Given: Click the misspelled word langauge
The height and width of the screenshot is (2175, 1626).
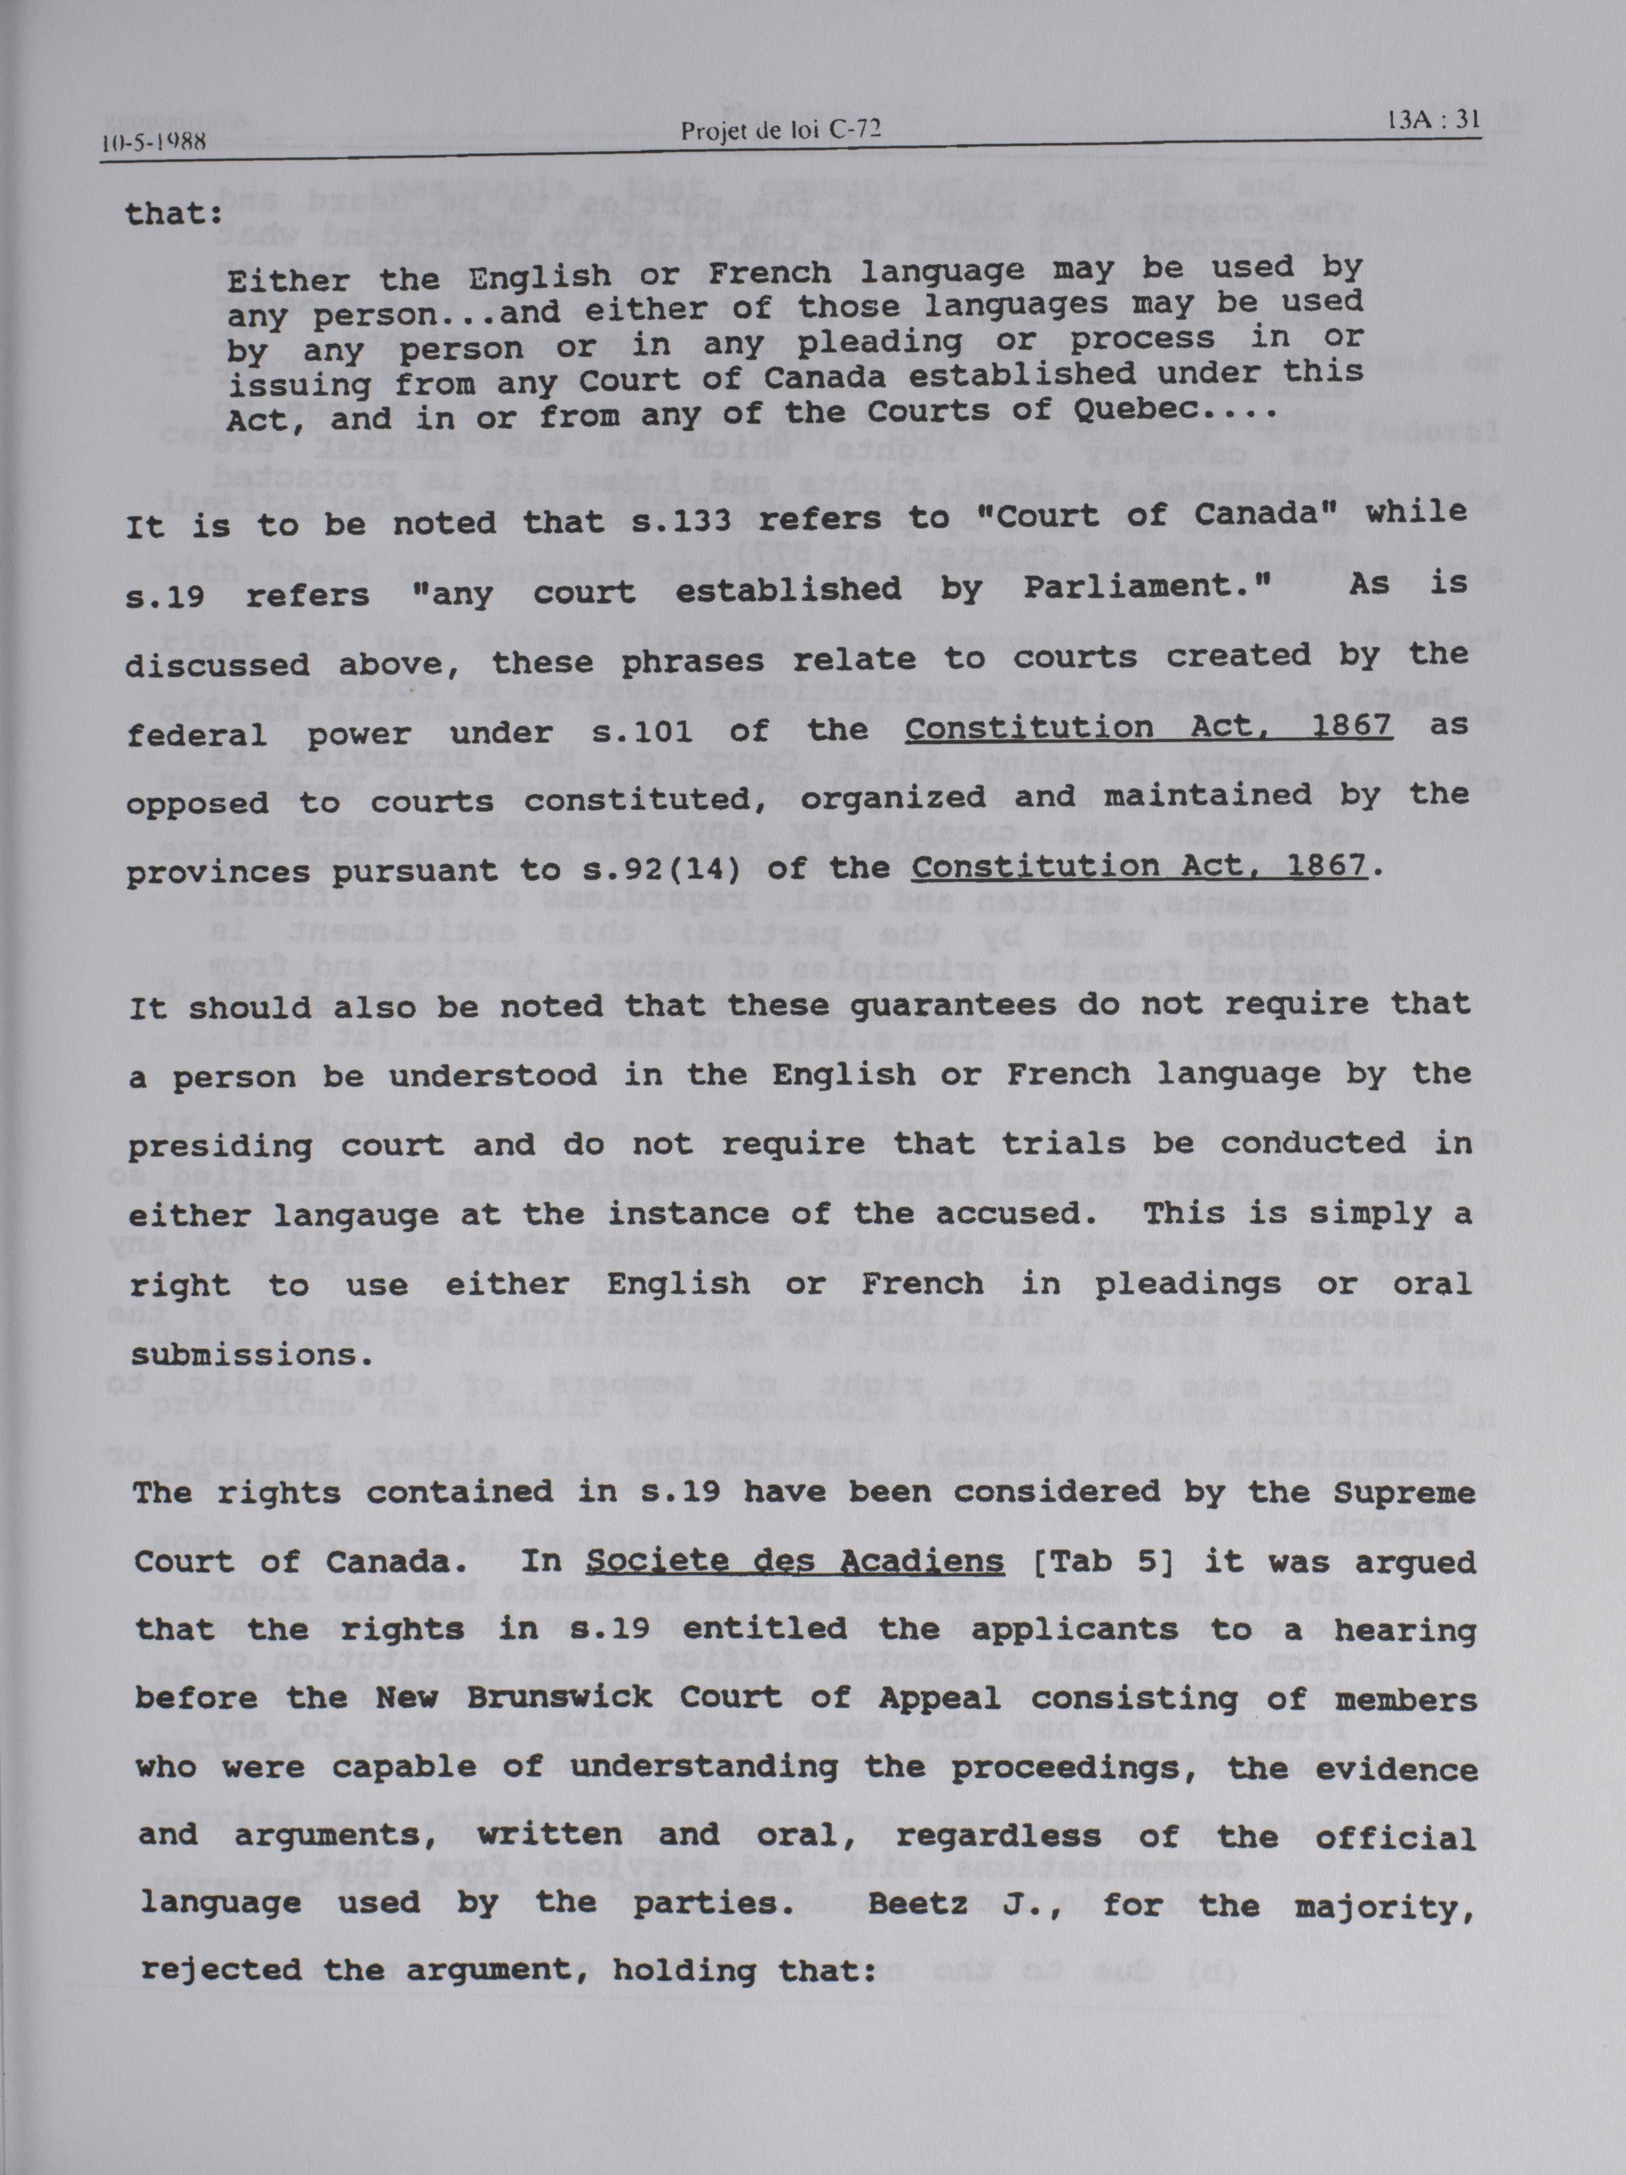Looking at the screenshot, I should [356, 1217].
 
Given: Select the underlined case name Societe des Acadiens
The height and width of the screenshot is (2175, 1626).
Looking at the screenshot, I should [794, 1563].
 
